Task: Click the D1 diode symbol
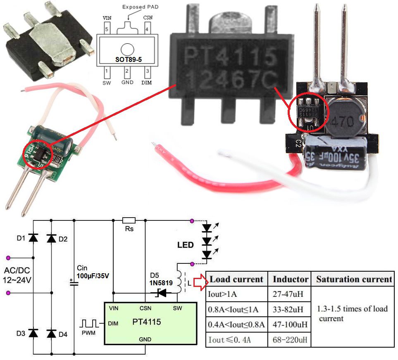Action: [33, 238]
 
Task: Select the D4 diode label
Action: [63, 334]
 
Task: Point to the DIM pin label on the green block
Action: [112, 323]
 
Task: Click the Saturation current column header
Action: [354, 279]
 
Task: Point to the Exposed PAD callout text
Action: [140, 7]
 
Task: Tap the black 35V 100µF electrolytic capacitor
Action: [334, 153]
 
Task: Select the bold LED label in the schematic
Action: [185, 245]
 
